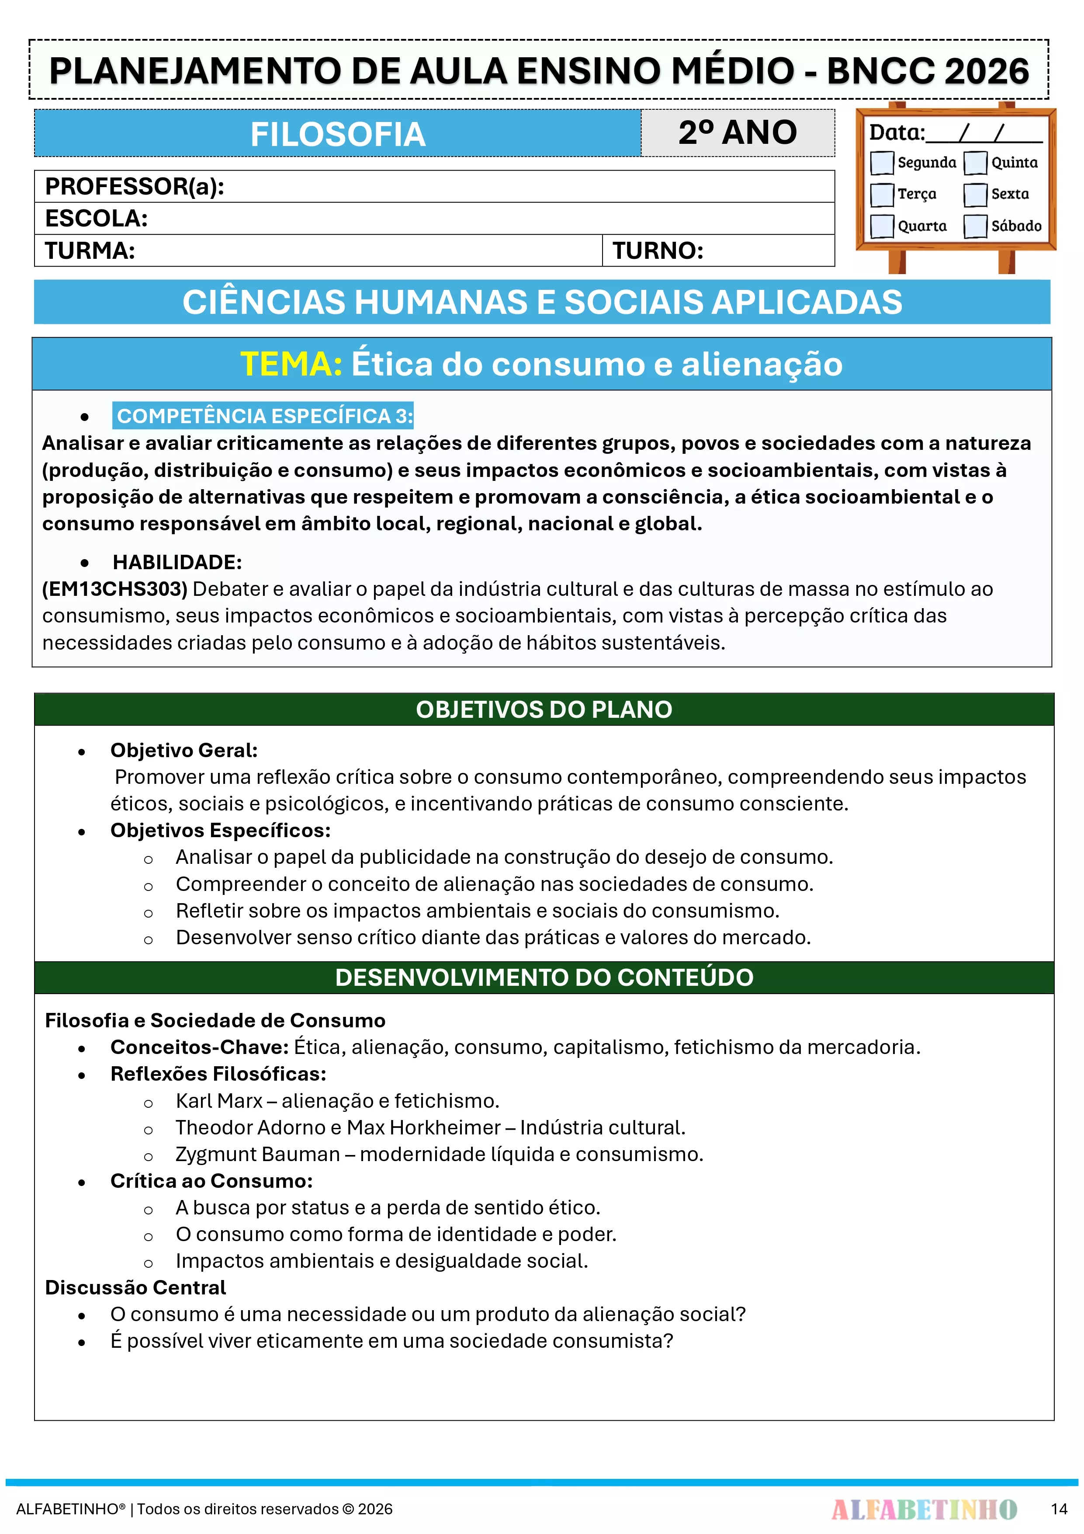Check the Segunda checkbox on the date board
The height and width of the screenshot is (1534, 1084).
(882, 162)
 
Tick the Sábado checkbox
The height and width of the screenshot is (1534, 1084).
(975, 226)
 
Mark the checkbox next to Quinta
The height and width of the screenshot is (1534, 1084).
(975, 162)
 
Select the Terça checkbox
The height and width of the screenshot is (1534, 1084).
(882, 195)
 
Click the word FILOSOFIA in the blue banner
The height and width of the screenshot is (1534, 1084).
(337, 134)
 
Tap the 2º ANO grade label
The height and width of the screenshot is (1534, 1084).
(738, 132)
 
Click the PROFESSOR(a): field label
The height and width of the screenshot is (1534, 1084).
(134, 186)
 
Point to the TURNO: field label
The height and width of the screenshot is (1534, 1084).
(658, 250)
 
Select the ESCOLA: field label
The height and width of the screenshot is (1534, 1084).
(96, 219)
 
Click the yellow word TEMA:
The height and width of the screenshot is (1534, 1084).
(291, 364)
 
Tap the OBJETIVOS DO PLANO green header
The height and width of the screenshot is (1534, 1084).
(544, 710)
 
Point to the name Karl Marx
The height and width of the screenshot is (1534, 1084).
(219, 1100)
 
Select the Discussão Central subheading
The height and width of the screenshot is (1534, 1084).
(135, 1287)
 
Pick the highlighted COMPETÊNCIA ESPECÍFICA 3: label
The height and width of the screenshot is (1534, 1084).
(264, 416)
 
